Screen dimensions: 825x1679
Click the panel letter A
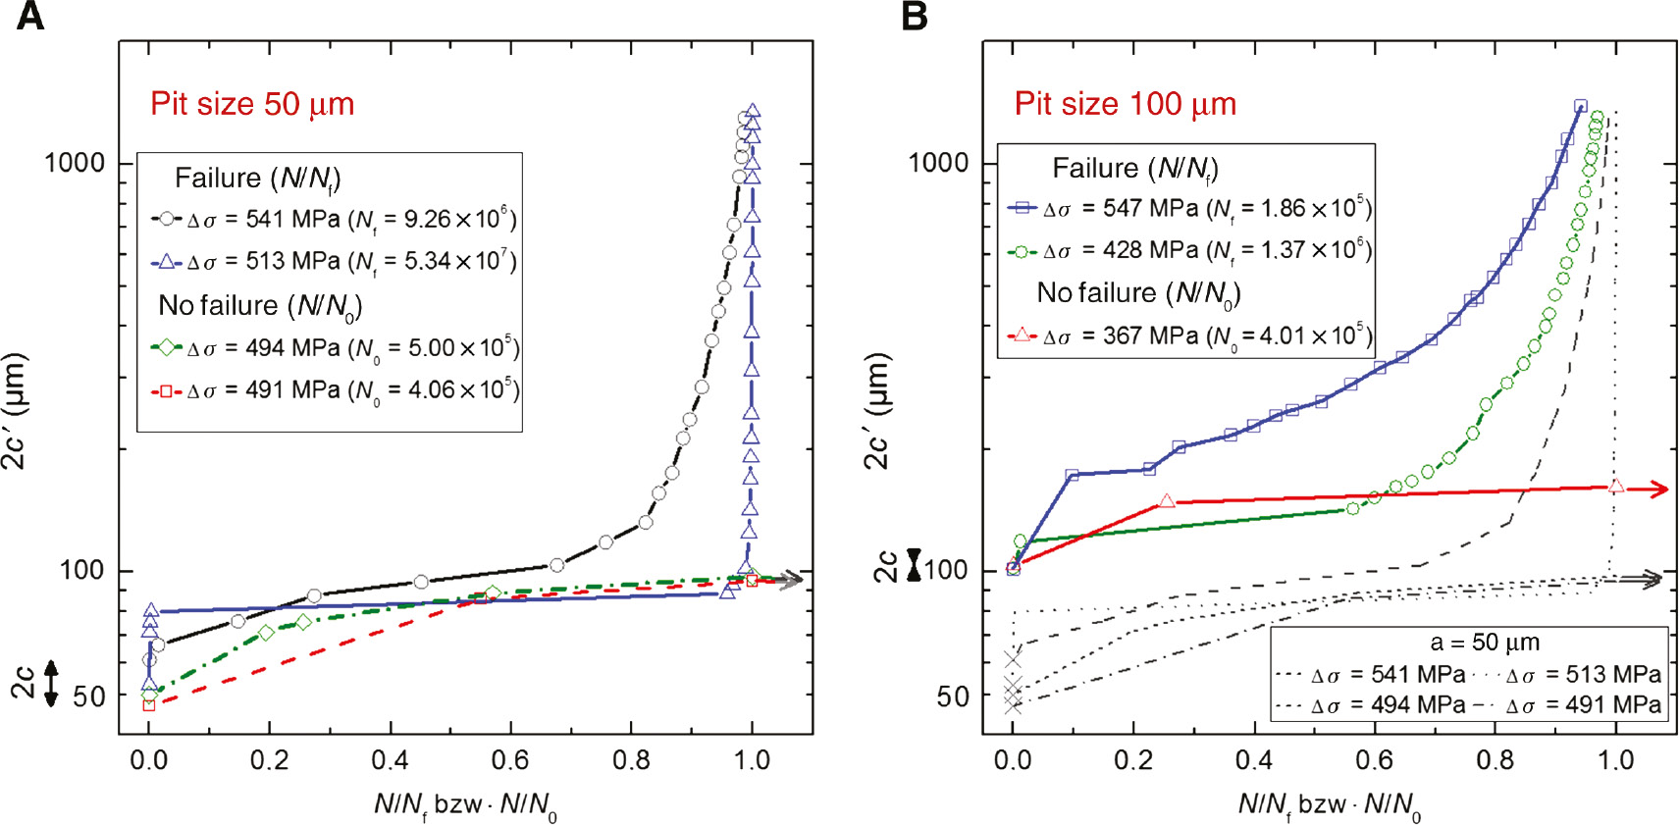pos(29,17)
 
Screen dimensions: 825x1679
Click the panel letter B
pos(914,17)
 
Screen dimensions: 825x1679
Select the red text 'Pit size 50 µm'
pos(252,104)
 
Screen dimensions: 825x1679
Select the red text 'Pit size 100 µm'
pos(1125,104)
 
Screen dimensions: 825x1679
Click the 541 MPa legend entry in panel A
pos(334,219)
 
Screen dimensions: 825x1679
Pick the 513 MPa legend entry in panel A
pos(334,261)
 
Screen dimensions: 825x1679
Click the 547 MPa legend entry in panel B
pos(1189,208)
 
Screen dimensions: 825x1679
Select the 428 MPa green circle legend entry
pos(1189,250)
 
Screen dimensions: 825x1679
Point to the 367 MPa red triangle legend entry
pos(1189,336)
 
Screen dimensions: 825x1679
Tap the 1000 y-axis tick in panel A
pos(75,163)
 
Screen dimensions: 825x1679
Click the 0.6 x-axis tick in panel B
pos(1374,760)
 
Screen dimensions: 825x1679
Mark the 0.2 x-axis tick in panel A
pos(269,760)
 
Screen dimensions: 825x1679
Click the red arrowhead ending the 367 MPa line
pos(1660,489)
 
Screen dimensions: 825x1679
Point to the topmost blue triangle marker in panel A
pos(753,112)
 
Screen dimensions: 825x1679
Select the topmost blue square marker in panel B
pos(1580,106)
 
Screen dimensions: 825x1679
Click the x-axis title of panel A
pos(465,806)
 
